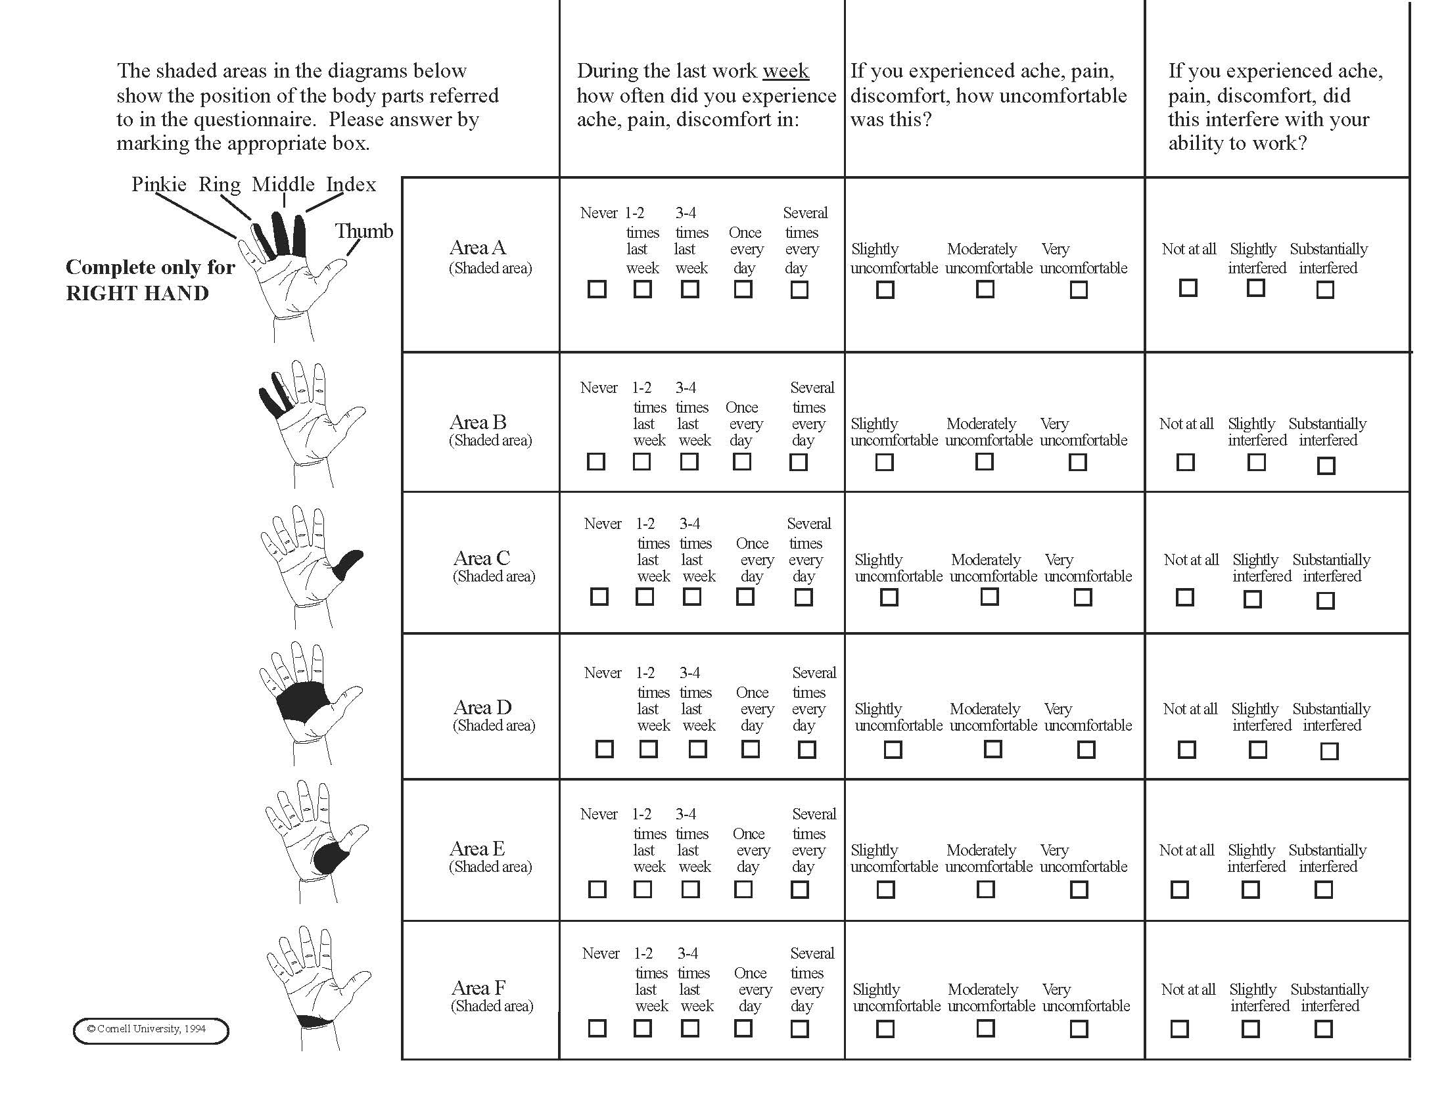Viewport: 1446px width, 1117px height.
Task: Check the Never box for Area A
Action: [x=597, y=289]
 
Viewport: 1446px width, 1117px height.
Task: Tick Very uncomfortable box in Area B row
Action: [x=1078, y=462]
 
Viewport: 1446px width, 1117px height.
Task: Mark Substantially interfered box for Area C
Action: [x=1326, y=601]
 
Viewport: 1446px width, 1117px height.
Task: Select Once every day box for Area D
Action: [x=750, y=749]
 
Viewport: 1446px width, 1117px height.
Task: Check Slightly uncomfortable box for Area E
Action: [x=885, y=890]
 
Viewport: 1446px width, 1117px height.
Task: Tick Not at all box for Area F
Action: [x=1179, y=1029]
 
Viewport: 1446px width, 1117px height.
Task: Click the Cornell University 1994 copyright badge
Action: [x=151, y=1031]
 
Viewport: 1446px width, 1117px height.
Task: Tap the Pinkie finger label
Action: [x=159, y=185]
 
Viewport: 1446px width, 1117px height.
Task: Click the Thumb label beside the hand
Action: [x=363, y=231]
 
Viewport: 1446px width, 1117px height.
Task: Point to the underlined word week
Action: [x=785, y=71]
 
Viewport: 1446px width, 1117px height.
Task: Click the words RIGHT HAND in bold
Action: [x=137, y=293]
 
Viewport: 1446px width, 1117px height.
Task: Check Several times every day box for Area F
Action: [x=799, y=1029]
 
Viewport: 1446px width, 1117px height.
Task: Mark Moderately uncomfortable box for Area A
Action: [x=985, y=289]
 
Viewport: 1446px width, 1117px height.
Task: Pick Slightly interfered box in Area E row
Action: [x=1250, y=890]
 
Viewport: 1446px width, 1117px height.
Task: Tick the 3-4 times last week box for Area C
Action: [x=692, y=597]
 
